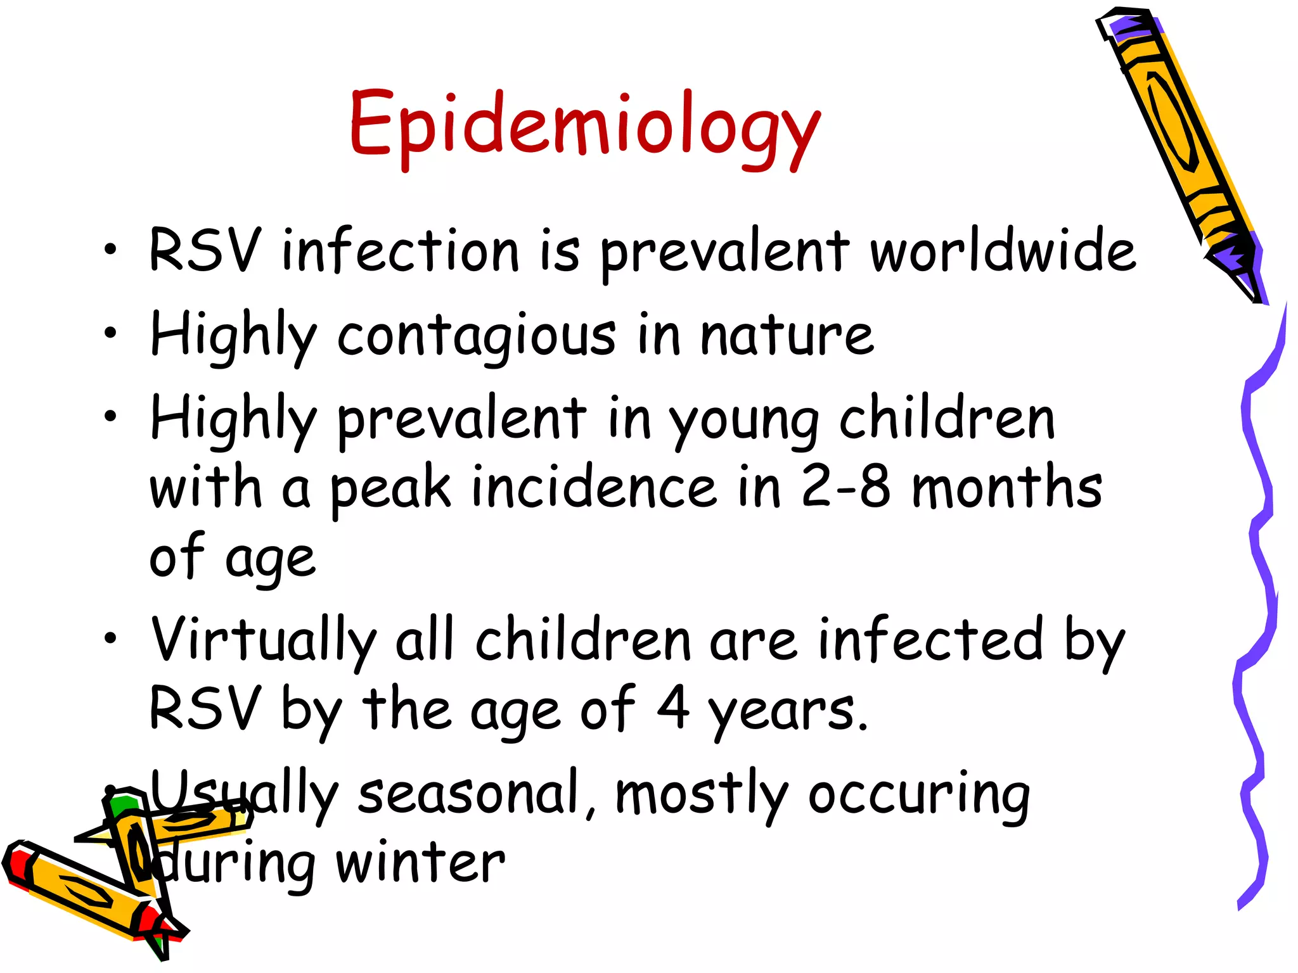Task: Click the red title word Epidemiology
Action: (x=584, y=124)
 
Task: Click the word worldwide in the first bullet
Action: (x=1003, y=251)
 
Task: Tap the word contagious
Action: (x=476, y=336)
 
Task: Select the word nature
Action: (x=787, y=336)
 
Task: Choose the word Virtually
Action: (x=263, y=640)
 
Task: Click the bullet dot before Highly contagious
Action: (x=111, y=333)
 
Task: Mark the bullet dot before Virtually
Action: (x=111, y=638)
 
